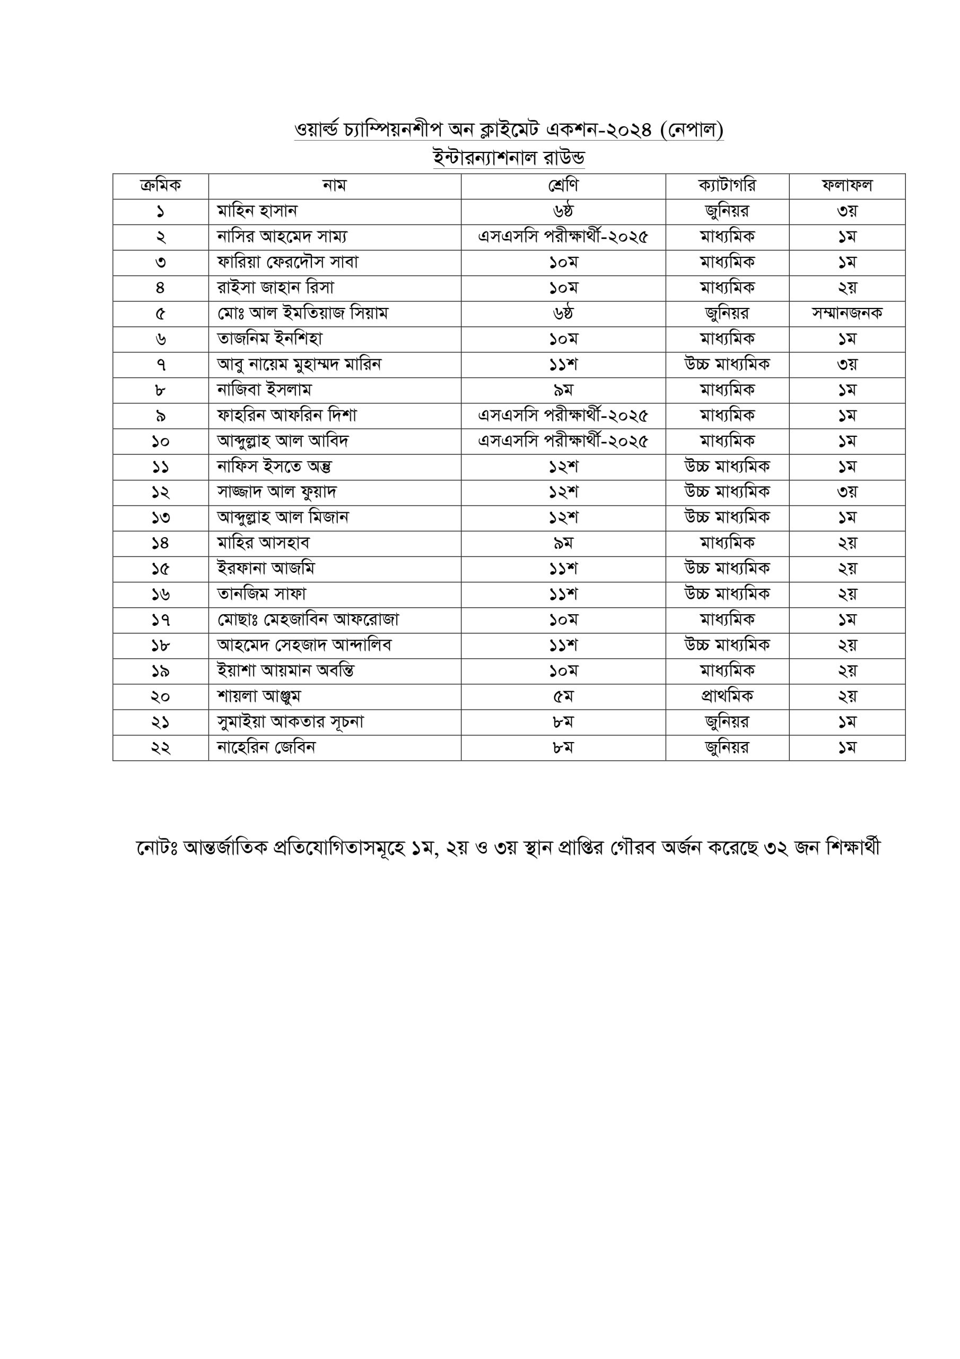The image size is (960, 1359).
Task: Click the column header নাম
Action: (334, 186)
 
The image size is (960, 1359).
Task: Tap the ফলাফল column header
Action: (846, 186)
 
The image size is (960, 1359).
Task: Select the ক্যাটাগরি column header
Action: (727, 186)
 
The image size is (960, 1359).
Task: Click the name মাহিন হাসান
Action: (257, 211)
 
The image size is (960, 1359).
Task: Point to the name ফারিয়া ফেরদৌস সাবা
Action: (288, 262)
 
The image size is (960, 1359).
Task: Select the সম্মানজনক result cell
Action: (846, 314)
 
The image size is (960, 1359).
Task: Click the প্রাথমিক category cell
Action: (727, 696)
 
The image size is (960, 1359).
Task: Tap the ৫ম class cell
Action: (563, 696)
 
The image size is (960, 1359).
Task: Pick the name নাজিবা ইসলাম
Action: (265, 390)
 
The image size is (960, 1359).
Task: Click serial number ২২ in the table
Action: (160, 748)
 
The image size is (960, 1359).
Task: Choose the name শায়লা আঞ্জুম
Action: (259, 696)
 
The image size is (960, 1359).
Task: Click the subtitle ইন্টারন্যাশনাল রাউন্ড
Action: (509, 158)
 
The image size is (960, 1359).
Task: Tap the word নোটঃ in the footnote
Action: (157, 848)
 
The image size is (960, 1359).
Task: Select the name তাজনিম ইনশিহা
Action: (270, 339)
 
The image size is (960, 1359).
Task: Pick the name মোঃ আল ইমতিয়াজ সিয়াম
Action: (303, 314)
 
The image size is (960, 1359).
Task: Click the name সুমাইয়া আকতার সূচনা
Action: (291, 722)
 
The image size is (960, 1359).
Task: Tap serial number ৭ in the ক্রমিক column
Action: (160, 365)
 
